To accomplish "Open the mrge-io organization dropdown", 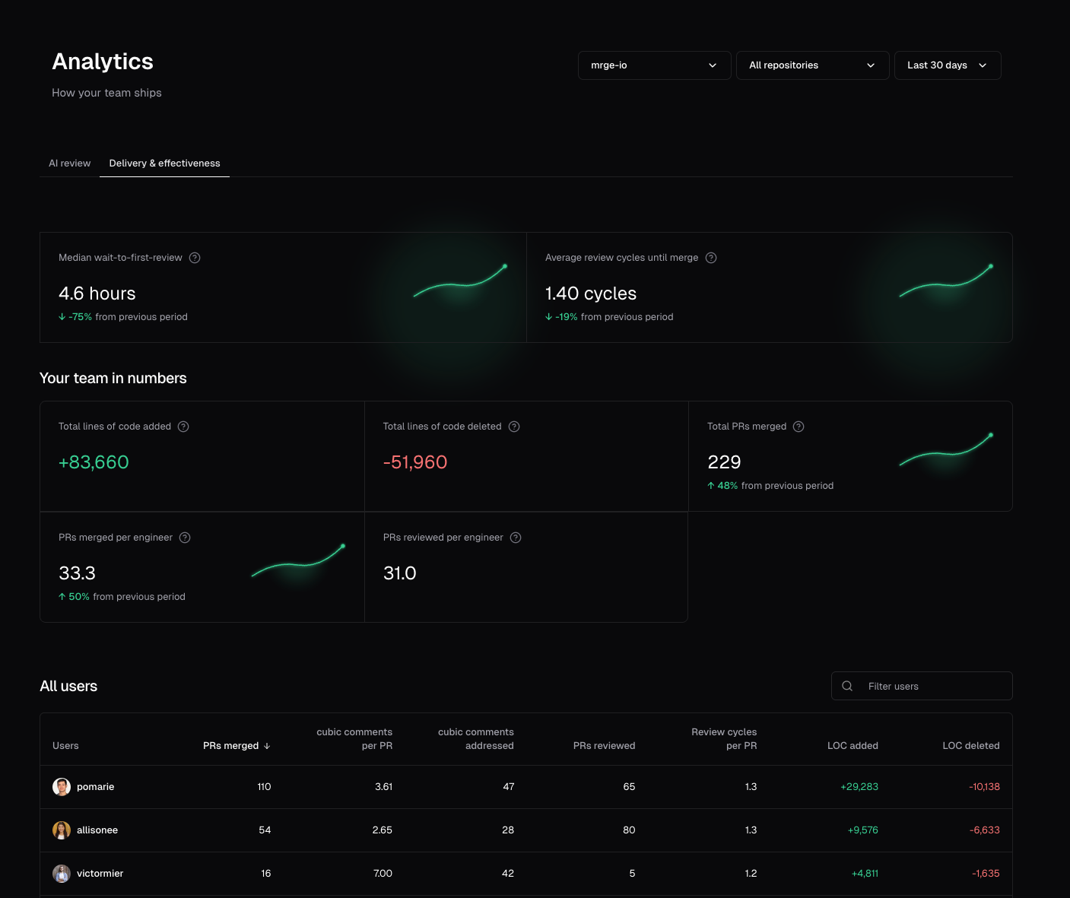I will point(654,65).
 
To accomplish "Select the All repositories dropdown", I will point(812,65).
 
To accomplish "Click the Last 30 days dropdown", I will point(947,65).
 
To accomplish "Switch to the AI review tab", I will point(69,163).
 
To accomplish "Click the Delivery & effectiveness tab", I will point(164,163).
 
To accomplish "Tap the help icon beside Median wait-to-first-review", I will point(195,258).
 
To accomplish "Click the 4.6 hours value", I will point(97,294).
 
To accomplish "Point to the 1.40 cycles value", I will point(590,294).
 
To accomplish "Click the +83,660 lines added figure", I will point(94,462).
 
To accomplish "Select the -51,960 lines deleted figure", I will point(414,462).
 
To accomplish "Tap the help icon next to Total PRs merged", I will point(799,427).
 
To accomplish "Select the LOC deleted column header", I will point(970,746).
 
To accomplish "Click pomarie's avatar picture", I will point(62,787).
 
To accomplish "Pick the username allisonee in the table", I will point(97,830).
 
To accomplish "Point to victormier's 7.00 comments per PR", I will point(383,874).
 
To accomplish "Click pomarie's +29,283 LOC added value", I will point(859,787).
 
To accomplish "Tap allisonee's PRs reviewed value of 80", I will point(629,830).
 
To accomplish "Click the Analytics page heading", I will point(103,62).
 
